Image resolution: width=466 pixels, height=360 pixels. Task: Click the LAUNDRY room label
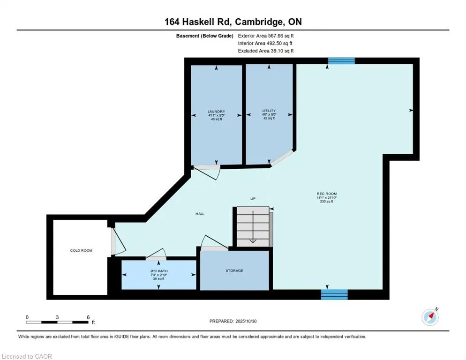[x=216, y=112]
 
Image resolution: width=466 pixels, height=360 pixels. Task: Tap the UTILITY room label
[x=269, y=111]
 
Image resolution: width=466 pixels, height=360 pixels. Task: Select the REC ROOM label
[x=327, y=194]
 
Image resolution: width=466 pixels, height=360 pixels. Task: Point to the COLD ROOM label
[x=81, y=250]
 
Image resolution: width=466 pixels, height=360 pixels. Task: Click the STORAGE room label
[x=234, y=270]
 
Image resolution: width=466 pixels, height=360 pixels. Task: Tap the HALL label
[x=200, y=214]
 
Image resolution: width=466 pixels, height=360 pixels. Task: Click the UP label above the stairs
[x=253, y=199]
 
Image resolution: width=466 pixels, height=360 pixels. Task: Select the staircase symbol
[x=253, y=226]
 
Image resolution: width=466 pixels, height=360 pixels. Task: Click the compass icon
[x=430, y=317]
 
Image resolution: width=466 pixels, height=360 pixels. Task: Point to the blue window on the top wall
[x=341, y=60]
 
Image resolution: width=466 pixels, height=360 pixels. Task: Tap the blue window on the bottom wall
[x=334, y=294]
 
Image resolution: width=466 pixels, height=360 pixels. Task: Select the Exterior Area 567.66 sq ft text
[x=266, y=36]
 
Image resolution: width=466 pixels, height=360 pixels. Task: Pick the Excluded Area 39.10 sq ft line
[x=266, y=51]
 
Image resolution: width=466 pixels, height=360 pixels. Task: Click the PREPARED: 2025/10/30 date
[x=233, y=321]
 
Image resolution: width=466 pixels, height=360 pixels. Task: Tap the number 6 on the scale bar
[x=88, y=317]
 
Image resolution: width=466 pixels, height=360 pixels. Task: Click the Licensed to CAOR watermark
[x=27, y=356]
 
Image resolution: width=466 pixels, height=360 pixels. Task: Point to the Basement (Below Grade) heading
[x=204, y=36]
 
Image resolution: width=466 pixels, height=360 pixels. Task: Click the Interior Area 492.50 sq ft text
[x=265, y=43]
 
